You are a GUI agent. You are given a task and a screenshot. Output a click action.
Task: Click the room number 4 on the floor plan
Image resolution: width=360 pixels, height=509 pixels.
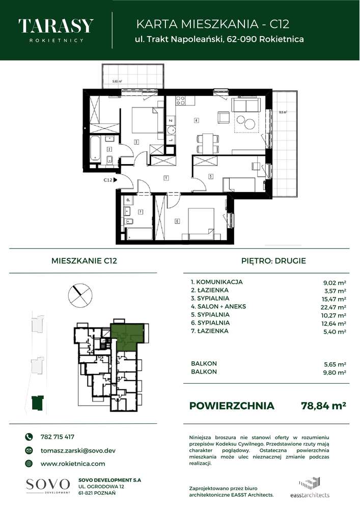[196, 121]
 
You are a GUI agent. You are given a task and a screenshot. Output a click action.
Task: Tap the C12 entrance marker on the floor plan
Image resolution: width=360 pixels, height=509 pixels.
[108, 180]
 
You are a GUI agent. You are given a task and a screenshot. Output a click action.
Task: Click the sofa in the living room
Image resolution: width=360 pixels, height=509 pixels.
[246, 106]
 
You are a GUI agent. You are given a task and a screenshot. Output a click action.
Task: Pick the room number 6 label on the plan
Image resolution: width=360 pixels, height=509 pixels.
[177, 221]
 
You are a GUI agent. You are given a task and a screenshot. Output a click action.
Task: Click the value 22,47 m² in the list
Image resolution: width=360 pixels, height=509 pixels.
[334, 306]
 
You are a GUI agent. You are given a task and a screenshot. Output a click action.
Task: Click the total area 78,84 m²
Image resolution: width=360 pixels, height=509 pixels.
[324, 406]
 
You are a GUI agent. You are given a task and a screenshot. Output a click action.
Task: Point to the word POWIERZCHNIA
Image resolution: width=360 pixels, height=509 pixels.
[231, 406]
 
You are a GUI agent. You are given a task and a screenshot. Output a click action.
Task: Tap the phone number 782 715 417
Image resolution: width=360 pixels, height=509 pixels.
[57, 437]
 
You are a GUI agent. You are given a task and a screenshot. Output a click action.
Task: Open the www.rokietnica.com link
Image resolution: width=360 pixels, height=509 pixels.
[72, 464]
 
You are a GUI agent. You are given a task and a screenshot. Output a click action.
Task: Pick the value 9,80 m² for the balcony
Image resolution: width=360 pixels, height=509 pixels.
[335, 372]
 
